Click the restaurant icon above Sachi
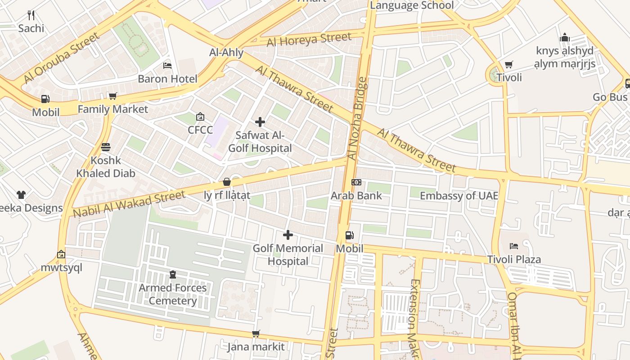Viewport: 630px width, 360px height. tap(31, 15)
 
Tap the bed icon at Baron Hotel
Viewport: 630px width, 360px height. tap(167, 66)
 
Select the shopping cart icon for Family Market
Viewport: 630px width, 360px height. tap(112, 96)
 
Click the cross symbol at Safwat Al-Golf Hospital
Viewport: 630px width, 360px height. tap(260, 122)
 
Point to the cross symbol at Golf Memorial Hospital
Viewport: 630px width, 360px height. tap(288, 235)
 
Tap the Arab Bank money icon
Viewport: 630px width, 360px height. tap(356, 182)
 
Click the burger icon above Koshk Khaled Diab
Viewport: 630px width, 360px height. tap(106, 147)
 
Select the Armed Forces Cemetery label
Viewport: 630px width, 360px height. tap(173, 294)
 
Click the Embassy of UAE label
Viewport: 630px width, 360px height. tap(459, 196)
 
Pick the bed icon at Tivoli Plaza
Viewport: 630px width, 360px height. tap(514, 246)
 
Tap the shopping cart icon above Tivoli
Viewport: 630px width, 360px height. tap(509, 64)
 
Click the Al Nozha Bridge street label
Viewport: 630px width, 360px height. tap(358, 119)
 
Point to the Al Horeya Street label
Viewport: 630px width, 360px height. tap(309, 40)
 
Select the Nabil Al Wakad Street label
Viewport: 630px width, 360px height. tap(129, 204)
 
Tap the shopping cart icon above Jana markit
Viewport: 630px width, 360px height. tap(256, 333)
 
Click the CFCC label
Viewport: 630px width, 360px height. tap(200, 130)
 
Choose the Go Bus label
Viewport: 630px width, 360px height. tap(610, 97)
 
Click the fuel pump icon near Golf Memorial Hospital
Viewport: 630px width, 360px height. tap(349, 235)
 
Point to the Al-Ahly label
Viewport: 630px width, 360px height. tap(226, 52)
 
